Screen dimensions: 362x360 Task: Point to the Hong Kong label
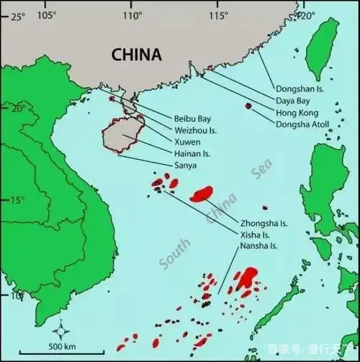tap(296, 113)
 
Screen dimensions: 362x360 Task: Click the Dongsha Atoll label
tap(303, 124)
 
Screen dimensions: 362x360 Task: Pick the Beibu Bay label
tap(192, 119)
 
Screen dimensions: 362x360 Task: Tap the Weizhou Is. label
tap(196, 130)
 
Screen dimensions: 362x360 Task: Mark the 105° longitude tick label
tap(47, 14)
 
